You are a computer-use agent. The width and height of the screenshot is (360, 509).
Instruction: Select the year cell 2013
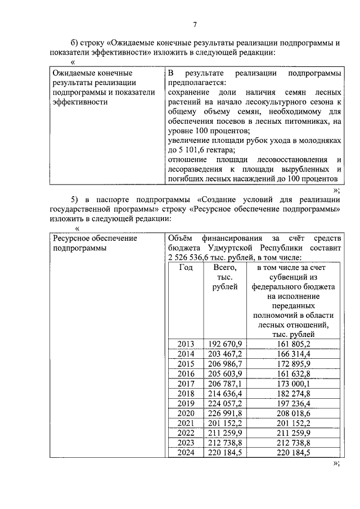tap(186, 344)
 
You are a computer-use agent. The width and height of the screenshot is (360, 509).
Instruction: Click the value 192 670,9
tap(224, 344)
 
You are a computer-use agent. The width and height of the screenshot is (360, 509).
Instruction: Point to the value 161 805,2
tap(294, 344)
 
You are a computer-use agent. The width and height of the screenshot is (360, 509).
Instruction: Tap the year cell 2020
tap(186, 412)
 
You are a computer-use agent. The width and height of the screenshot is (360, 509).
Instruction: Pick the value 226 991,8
tap(224, 412)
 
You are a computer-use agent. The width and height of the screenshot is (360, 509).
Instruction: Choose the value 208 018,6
tap(294, 412)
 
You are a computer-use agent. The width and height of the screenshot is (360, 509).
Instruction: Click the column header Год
tap(186, 268)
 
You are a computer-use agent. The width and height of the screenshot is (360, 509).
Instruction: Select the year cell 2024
tap(186, 452)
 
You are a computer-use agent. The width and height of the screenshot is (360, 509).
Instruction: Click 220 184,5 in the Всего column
tap(224, 452)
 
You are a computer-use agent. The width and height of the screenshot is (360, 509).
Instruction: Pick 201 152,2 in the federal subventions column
tap(294, 422)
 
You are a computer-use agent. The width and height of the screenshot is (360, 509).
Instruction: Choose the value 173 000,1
tap(294, 383)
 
